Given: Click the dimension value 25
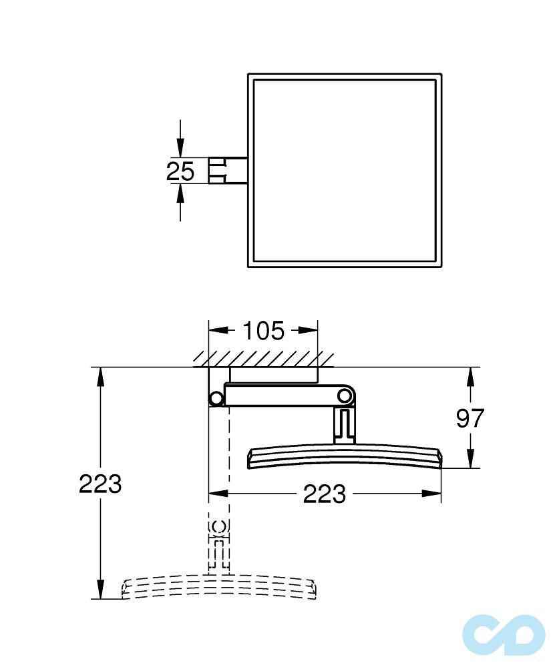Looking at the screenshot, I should pyautogui.click(x=180, y=171).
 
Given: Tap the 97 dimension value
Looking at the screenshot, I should pyautogui.click(x=470, y=418).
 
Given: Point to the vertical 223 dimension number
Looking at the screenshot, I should pyautogui.click(x=100, y=484).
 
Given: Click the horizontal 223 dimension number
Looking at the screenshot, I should pyautogui.click(x=325, y=494).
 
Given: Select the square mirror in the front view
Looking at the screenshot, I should pyautogui.click(x=345, y=171).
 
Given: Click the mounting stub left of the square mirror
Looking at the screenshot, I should pyautogui.click(x=228, y=171).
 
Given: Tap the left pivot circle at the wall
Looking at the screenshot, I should pyautogui.click(x=216, y=399).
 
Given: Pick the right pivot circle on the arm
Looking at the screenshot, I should pyautogui.click(x=344, y=396).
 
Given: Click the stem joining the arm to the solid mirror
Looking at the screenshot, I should pyautogui.click(x=343, y=426).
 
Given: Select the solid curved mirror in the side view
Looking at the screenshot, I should pyautogui.click(x=345, y=458).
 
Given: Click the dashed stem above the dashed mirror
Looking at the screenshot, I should pyautogui.click(x=218, y=544).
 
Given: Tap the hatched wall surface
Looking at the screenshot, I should pyautogui.click(x=264, y=360).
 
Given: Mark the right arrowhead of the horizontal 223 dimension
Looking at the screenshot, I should pyautogui.click(x=433, y=494).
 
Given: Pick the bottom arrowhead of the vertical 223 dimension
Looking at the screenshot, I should pyautogui.click(x=100, y=590).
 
